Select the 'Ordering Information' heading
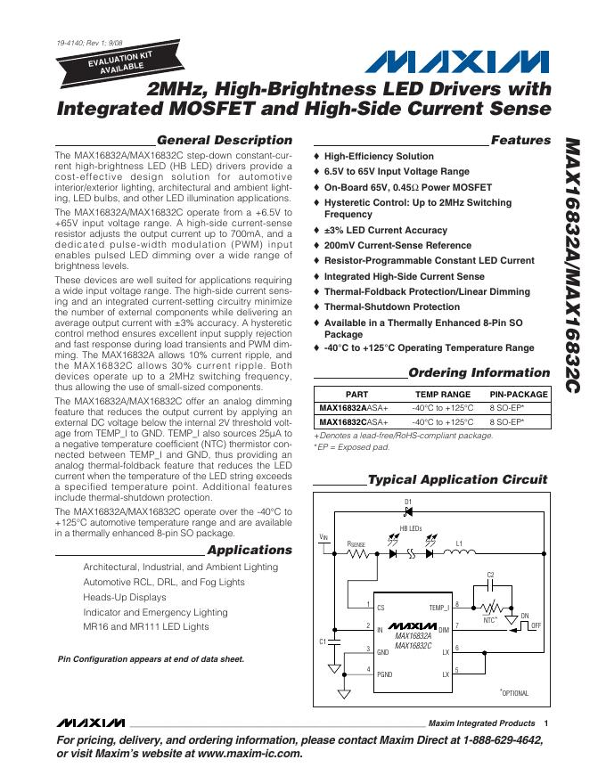pyautogui.click(x=479, y=372)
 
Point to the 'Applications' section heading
pyautogui.click(x=249, y=550)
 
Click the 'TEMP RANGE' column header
pyautogui.click(x=442, y=393)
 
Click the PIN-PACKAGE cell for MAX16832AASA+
pyautogui.click(x=519, y=407)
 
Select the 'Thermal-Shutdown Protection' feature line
pyautogui.click(x=392, y=306)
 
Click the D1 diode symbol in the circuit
pyautogui.click(x=408, y=511)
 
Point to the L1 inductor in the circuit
pyautogui.click(x=459, y=552)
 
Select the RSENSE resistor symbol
pyautogui.click(x=357, y=552)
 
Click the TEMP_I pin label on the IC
pyautogui.click(x=438, y=607)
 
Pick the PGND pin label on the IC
pyautogui.click(x=385, y=674)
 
